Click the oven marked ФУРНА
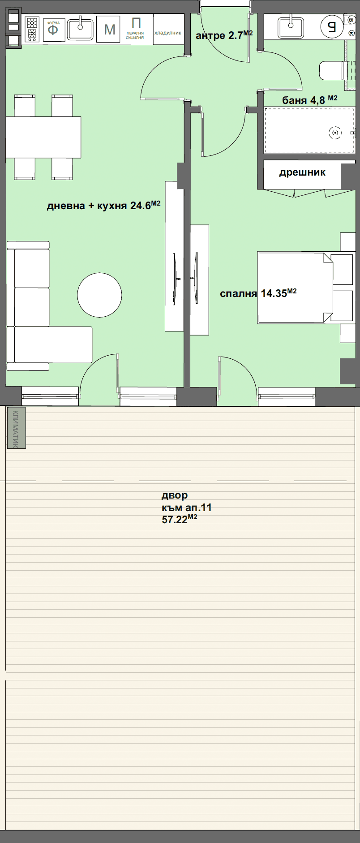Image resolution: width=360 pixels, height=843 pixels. coord(53,30)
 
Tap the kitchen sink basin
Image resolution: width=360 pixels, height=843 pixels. coord(81,30)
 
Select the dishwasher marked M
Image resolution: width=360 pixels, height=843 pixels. coord(109,30)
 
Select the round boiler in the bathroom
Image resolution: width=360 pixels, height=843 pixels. coord(332,27)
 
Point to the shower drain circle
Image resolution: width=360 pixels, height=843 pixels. coord(335,133)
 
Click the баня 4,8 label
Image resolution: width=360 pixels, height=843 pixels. coord(310,100)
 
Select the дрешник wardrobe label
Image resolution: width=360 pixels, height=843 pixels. coord(302,172)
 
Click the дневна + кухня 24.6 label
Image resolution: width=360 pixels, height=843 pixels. coord(103,205)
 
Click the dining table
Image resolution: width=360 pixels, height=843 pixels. coord(43,137)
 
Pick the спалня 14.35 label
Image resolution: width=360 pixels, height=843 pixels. coord(258,293)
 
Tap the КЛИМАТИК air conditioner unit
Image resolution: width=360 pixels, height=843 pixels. coord(16,428)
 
